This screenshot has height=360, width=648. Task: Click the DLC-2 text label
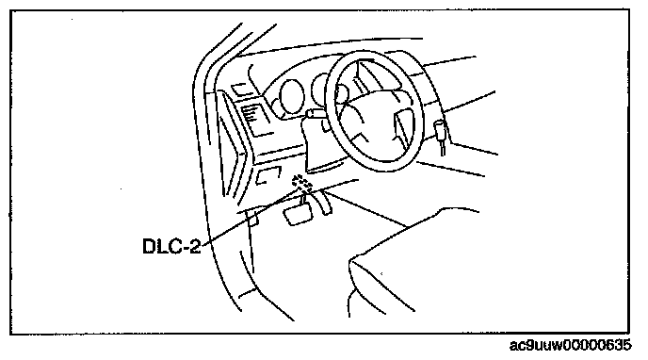coord(171,246)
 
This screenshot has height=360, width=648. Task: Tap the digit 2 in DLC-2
coord(195,246)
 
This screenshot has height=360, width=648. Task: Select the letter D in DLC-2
coord(149,246)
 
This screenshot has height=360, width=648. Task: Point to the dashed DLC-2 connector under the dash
coord(302,184)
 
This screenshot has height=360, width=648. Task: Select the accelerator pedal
coord(324,202)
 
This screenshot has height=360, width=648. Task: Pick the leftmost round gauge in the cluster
coord(292,96)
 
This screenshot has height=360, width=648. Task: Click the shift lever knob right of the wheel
coord(440,129)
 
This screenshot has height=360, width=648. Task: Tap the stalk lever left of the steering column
coord(314,113)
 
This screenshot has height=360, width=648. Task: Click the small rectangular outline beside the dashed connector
coord(267,175)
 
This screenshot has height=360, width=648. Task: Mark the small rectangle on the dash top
coord(239,90)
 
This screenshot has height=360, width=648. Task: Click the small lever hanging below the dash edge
coord(252,217)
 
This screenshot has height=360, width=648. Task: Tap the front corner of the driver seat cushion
coord(351,261)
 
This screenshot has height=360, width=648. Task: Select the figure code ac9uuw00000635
coord(571,345)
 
